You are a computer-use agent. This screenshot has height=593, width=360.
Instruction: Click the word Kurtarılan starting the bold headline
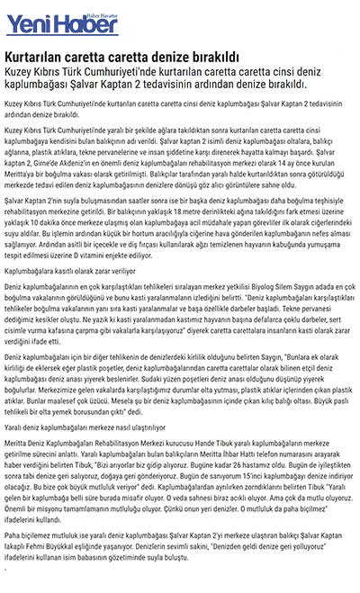pos(35,56)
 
